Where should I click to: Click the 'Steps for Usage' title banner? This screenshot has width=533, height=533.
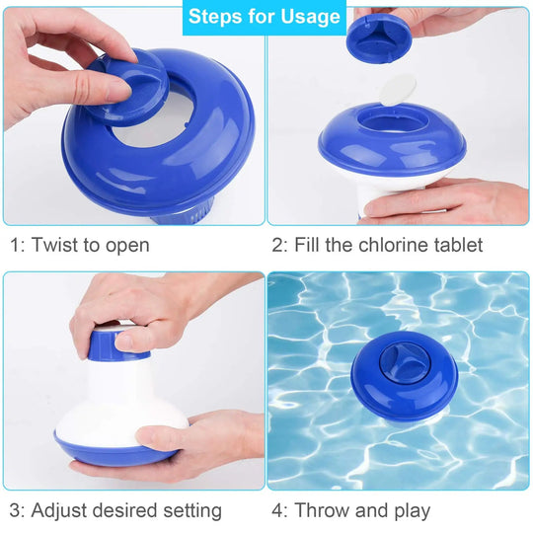click(265, 17)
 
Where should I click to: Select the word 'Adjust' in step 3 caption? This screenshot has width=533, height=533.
click(61, 510)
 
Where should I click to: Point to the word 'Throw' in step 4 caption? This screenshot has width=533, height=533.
click(322, 510)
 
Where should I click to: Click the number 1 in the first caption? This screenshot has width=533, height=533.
click(15, 245)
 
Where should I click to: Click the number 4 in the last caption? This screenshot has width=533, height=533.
click(278, 510)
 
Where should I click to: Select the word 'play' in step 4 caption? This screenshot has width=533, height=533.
click(409, 510)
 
